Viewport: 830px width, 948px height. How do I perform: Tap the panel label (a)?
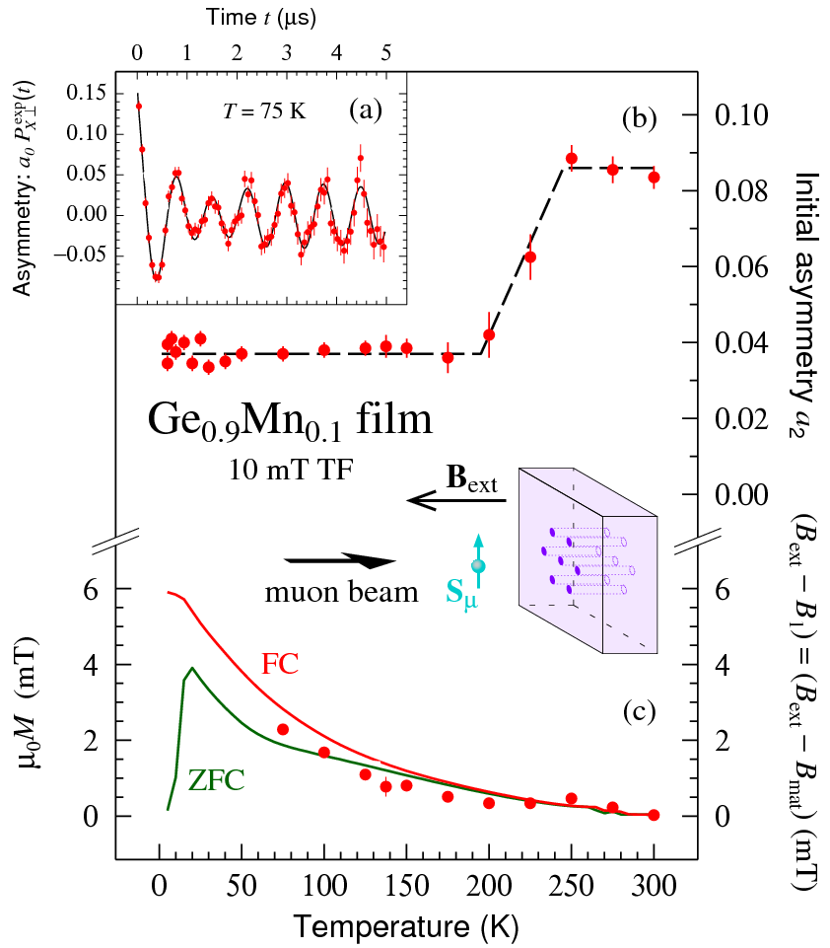pyautogui.click(x=366, y=110)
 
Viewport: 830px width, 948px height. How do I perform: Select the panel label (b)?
pyautogui.click(x=639, y=119)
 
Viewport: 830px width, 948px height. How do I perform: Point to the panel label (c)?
pyautogui.click(x=638, y=709)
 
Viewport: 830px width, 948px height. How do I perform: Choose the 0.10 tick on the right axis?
pyautogui.click(x=747, y=114)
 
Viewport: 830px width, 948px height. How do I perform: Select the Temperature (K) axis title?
pyautogui.click(x=406, y=924)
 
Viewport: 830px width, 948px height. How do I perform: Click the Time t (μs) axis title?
pyautogui.click(x=262, y=18)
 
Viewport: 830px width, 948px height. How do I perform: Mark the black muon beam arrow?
pyautogui.click(x=339, y=562)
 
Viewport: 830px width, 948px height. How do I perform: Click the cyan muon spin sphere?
pyautogui.click(x=478, y=565)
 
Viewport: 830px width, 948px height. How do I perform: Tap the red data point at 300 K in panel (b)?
pyautogui.click(x=654, y=178)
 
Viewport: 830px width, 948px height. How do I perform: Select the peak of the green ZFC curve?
pyautogui.click(x=192, y=668)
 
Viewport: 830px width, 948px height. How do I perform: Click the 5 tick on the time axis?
pyautogui.click(x=386, y=50)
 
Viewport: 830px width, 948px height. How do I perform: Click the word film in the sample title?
pyautogui.click(x=392, y=421)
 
